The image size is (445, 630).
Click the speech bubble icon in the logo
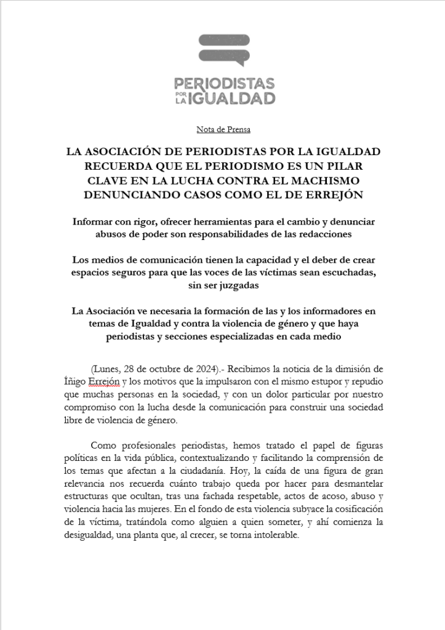click(x=224, y=50)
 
